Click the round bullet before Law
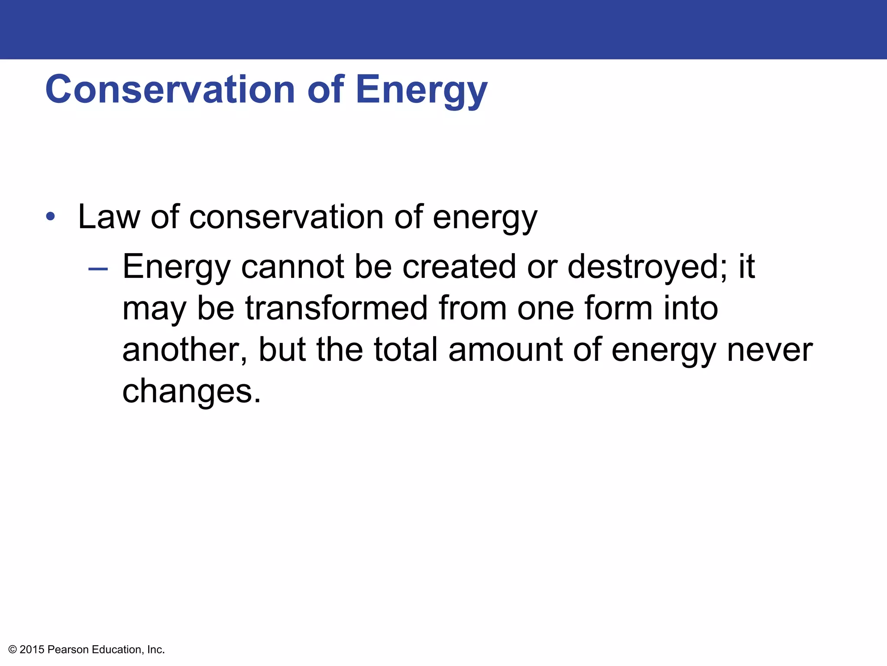[51, 216]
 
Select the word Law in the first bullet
[109, 217]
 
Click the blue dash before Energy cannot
[97, 269]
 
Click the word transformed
[336, 308]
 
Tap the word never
[770, 350]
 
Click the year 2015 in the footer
[32, 650]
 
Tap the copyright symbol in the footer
[13, 650]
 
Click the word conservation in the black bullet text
[286, 217]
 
